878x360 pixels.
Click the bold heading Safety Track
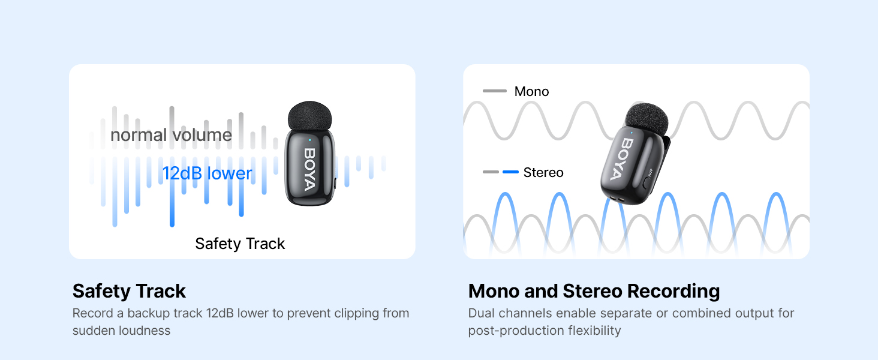[x=129, y=291]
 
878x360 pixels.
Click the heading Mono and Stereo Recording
[x=594, y=291]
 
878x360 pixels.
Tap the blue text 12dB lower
[x=207, y=173]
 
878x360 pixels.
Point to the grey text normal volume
[x=171, y=135]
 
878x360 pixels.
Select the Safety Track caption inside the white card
[x=240, y=244]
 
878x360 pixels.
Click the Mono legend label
[x=531, y=92]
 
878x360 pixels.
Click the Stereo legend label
[x=543, y=173]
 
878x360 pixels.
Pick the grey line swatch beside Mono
[x=495, y=91]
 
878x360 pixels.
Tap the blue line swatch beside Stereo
[x=510, y=172]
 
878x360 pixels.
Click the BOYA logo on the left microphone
[x=309, y=169]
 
